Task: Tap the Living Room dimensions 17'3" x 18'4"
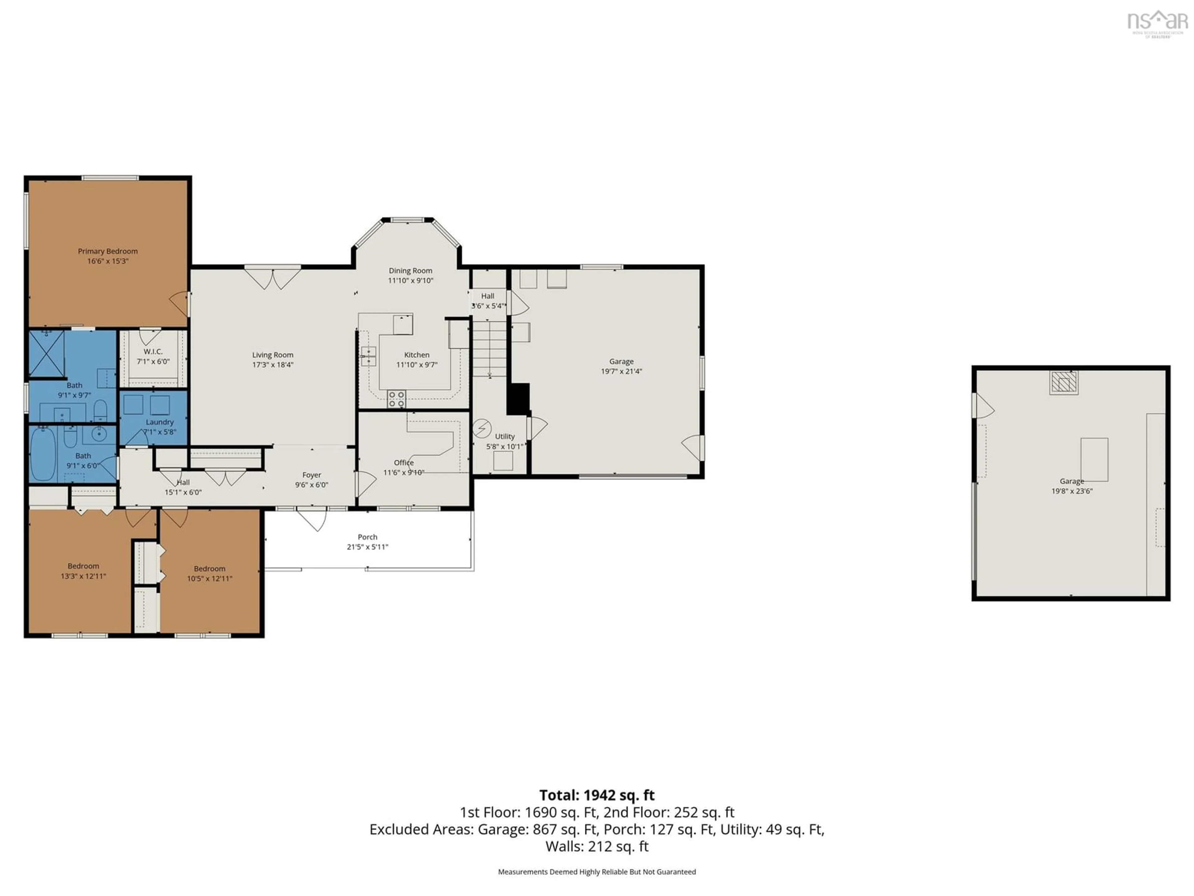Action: point(273,365)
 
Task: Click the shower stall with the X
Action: point(46,354)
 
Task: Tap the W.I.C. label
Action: point(153,352)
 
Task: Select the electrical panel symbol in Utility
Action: point(481,428)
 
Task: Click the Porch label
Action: point(367,537)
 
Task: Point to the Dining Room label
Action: point(410,271)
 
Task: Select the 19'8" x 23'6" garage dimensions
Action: point(1071,491)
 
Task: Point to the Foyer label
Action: point(312,475)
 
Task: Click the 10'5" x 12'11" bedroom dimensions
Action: point(210,578)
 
